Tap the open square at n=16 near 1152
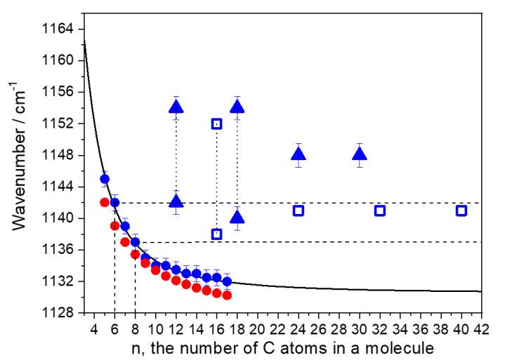[x=216, y=124]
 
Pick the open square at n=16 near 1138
[x=216, y=234]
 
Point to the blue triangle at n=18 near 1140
[x=237, y=218]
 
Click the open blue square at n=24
[x=298, y=211]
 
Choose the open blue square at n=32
[x=380, y=211]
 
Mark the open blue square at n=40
[x=461, y=211]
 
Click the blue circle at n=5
[x=105, y=179]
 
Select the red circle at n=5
[x=105, y=202]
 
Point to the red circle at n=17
[x=227, y=295]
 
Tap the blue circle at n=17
[x=227, y=281]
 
